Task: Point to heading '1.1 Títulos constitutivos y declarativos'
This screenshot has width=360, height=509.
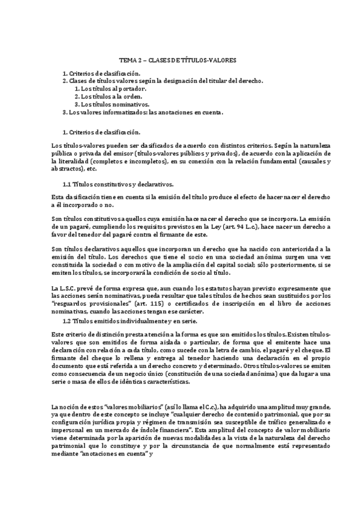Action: click(118, 185)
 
